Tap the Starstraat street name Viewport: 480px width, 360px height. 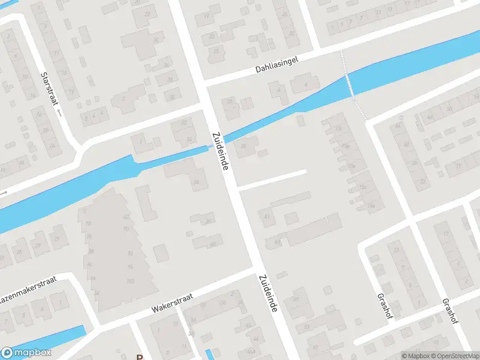pos(47,88)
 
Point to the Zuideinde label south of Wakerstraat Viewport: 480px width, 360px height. pos(268,293)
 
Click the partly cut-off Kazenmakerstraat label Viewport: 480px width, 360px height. pos(30,281)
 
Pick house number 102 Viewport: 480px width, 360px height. pos(130,281)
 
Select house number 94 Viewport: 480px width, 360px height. pos(130,266)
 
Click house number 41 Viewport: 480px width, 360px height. pos(267,216)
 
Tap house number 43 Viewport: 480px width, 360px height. pos(277,241)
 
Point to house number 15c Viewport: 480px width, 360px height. pos(363,187)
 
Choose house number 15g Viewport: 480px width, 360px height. pos(344,145)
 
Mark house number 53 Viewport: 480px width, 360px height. pos(306,327)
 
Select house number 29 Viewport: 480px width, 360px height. pos(58,239)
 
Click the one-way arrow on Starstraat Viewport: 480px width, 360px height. pos(59,112)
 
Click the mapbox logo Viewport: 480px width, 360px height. pos(27,353)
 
